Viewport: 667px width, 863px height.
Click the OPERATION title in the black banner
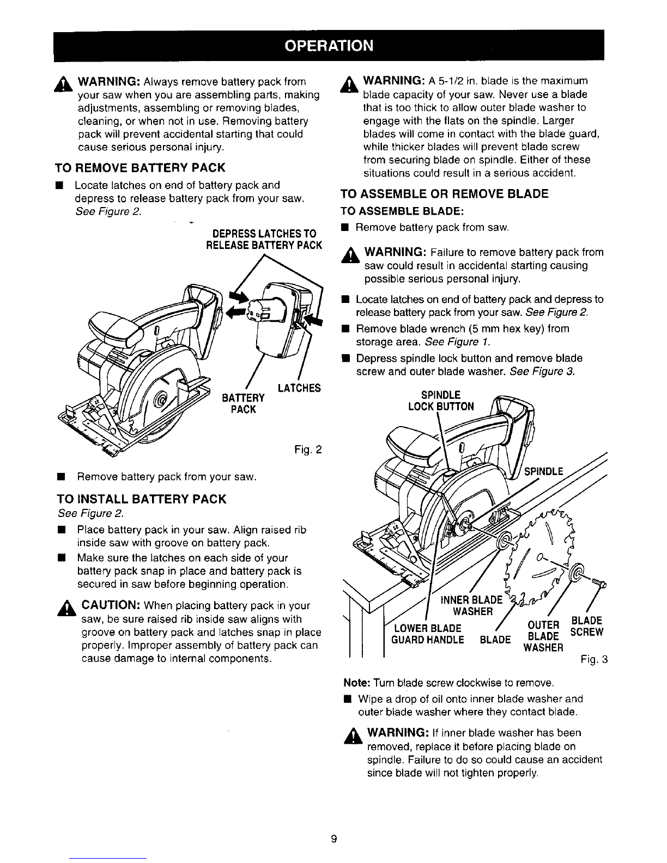pos(329,46)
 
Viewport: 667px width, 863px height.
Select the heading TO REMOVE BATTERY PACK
pos(140,168)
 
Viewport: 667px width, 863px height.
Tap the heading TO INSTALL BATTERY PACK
pos(142,499)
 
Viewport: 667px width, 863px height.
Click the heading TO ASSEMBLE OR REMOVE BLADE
pos(444,194)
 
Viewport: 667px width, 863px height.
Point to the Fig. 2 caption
pos(308,449)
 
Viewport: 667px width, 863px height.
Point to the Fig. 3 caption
pos(594,660)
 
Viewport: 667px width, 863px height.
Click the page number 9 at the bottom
pos(333,839)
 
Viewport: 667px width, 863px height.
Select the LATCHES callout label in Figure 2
pos(299,388)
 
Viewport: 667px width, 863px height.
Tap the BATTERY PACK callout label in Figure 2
pos(243,404)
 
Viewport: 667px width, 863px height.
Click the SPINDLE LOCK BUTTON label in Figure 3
pos(441,401)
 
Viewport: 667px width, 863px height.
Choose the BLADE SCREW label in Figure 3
pos(587,627)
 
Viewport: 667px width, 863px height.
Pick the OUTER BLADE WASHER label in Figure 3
pos(543,636)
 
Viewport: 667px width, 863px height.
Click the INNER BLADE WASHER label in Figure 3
pos(472,606)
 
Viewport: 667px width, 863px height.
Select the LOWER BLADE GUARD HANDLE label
pos(427,634)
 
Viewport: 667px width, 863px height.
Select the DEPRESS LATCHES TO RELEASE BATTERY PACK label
pos(264,239)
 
